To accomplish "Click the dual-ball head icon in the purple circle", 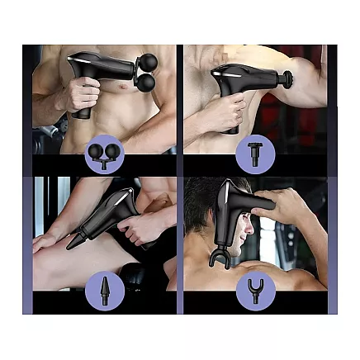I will [105, 154].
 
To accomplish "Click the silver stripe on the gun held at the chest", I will [89, 59].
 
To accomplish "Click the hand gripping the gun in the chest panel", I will [80, 95].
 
